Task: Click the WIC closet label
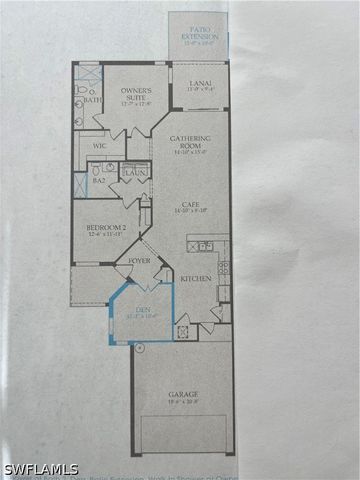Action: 99,147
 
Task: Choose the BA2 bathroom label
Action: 99,180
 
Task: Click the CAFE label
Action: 190,204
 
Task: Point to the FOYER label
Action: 140,262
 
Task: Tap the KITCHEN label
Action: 196,279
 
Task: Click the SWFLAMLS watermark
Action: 40,469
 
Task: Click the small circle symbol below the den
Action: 139,348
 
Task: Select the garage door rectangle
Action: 183,432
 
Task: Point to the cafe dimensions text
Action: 190,211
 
